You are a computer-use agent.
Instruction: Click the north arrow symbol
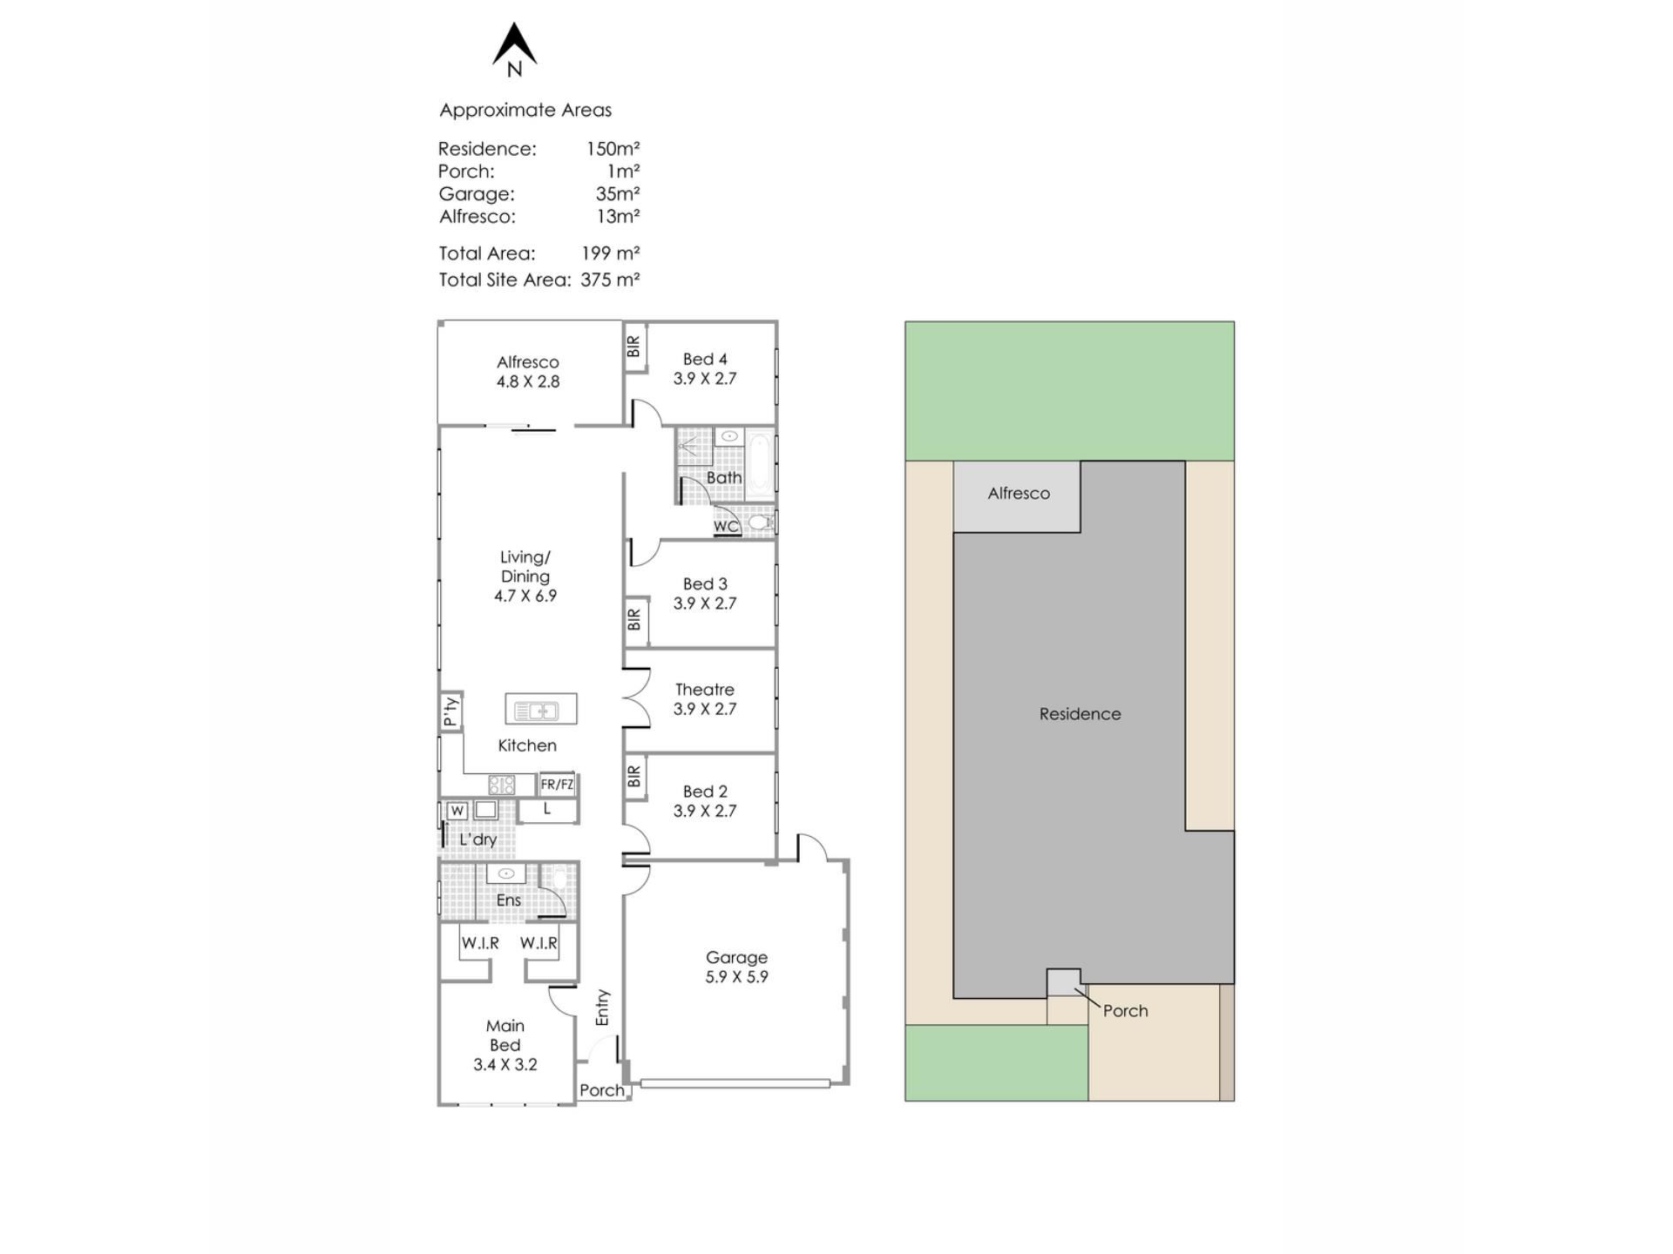point(514,45)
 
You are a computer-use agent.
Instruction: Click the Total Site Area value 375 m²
point(610,280)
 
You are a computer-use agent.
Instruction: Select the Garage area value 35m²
point(618,193)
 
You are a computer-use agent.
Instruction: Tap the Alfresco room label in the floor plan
point(528,362)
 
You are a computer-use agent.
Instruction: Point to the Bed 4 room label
point(705,359)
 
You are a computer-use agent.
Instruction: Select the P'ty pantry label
point(450,711)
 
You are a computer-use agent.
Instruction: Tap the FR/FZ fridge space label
point(557,785)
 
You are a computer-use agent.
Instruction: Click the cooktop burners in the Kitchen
point(501,785)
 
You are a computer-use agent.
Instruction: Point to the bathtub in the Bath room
point(759,465)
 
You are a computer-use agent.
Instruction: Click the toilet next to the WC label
point(760,522)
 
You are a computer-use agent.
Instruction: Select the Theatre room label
point(705,690)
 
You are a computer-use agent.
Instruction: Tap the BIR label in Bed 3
point(634,619)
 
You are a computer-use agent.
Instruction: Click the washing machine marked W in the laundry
point(457,811)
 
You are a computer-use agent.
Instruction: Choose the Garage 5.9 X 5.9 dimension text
point(737,977)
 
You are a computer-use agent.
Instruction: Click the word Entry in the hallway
point(602,1008)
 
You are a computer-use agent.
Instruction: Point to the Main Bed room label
point(505,1035)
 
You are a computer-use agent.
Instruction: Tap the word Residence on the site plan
point(1080,714)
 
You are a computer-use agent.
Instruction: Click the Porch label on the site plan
point(1126,1011)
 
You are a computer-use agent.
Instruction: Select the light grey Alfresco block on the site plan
point(1017,496)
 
